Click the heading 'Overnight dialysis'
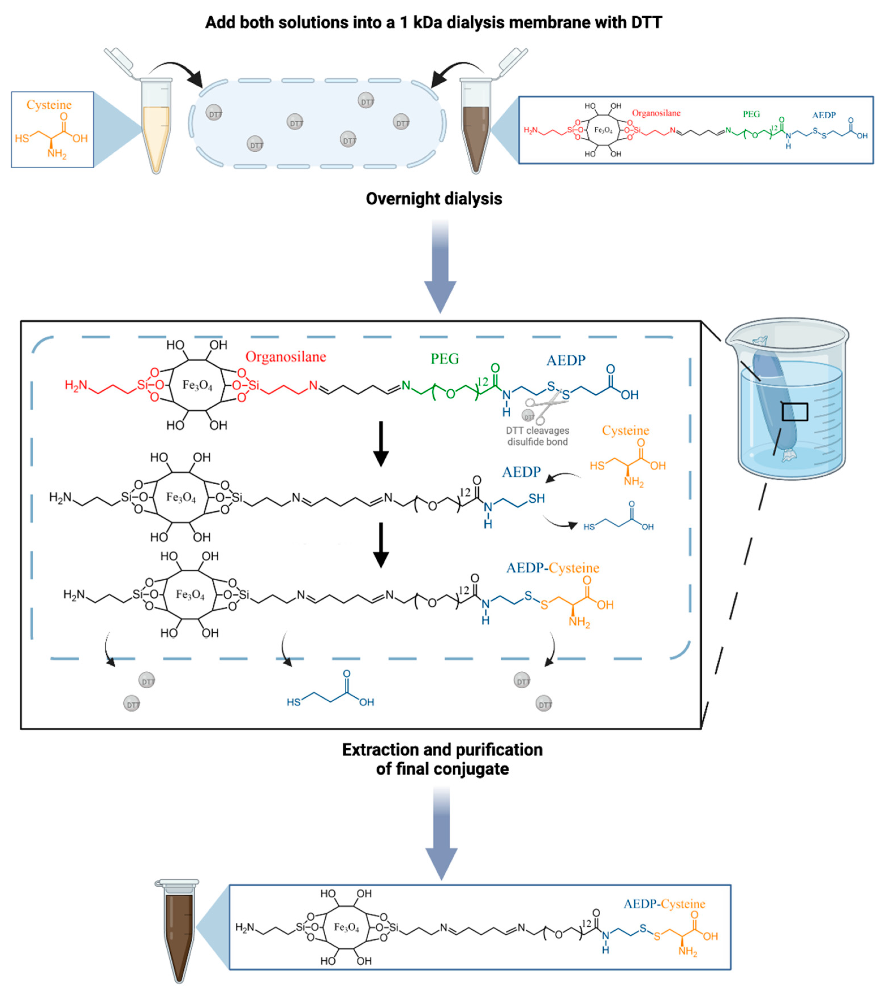(434, 199)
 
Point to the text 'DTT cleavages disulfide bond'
(538, 436)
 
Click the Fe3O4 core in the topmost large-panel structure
(197, 385)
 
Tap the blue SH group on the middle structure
(536, 499)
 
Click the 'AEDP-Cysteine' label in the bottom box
(664, 903)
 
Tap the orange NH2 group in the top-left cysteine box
(56, 154)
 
